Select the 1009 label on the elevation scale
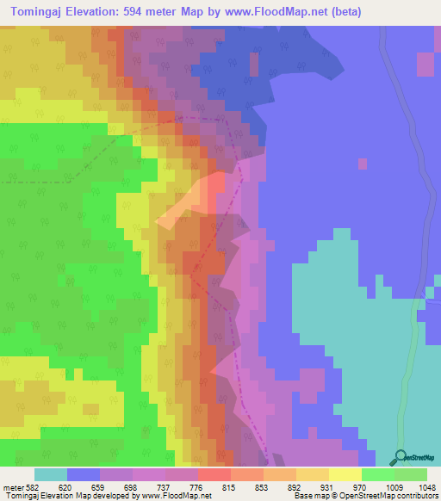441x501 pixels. point(393,486)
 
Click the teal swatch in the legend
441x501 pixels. point(51,474)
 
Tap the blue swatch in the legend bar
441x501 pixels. point(84,474)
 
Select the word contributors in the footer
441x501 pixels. point(416,496)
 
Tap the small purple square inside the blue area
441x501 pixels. point(363,164)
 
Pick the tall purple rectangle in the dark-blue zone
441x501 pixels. point(253,65)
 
